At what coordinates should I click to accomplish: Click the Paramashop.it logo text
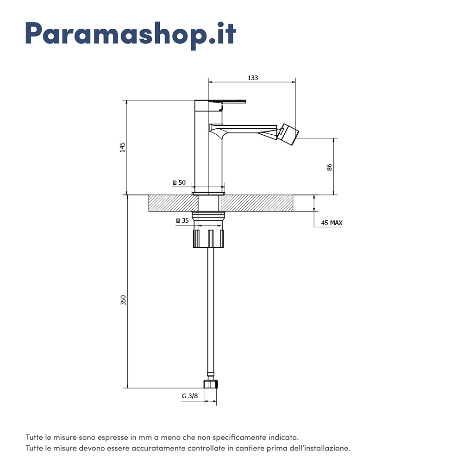(131, 35)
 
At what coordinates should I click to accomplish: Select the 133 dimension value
(253, 78)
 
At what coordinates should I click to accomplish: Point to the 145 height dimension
(122, 147)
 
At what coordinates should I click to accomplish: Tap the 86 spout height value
(330, 167)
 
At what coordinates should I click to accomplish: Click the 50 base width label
(179, 182)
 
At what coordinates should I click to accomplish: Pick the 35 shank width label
(182, 220)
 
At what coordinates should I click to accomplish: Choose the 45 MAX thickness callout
(332, 223)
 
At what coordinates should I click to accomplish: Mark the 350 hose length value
(123, 300)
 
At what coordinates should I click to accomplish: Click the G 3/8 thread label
(190, 396)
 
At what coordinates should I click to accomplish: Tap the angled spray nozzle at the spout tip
(289, 135)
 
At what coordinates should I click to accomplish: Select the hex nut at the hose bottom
(211, 384)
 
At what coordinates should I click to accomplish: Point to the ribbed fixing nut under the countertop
(208, 238)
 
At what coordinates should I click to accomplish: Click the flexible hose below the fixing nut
(211, 311)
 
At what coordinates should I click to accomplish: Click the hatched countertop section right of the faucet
(257, 203)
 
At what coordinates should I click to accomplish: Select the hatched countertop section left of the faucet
(173, 203)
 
